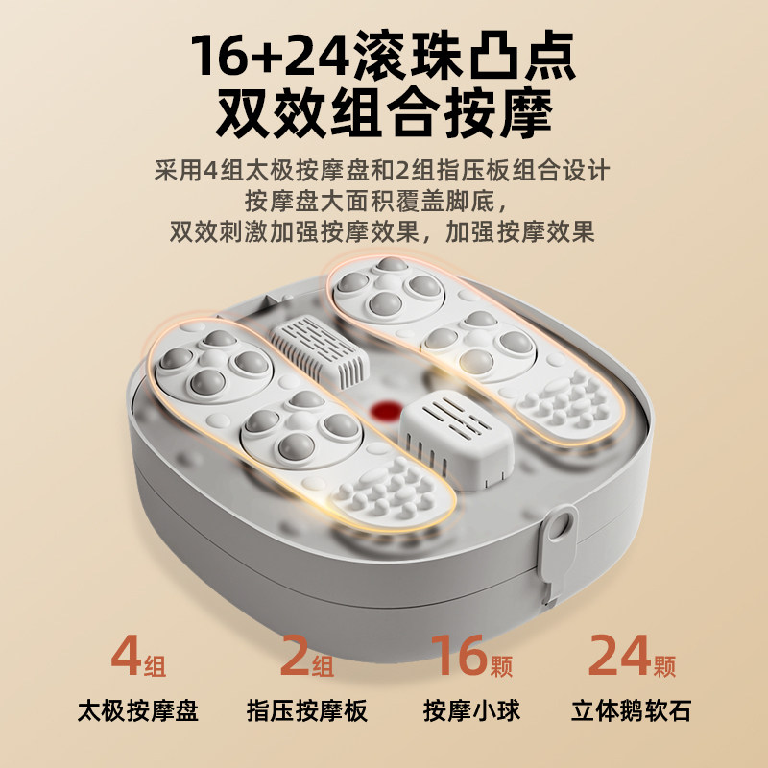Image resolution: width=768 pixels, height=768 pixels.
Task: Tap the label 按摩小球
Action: [x=471, y=711]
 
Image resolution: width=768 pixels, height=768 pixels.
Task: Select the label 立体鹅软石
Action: [x=631, y=711]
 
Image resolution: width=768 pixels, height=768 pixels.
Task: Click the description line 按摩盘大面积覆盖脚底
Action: [x=382, y=203]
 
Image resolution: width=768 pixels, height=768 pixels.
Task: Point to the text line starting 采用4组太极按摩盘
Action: [x=382, y=172]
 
